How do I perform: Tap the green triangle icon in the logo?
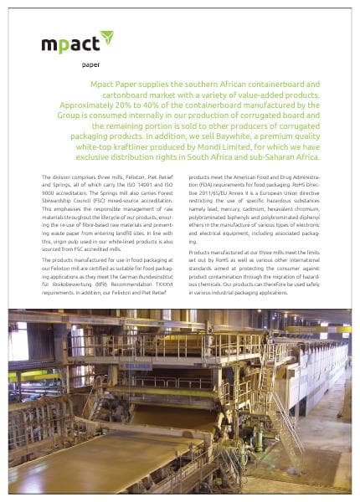(x=106, y=37)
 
